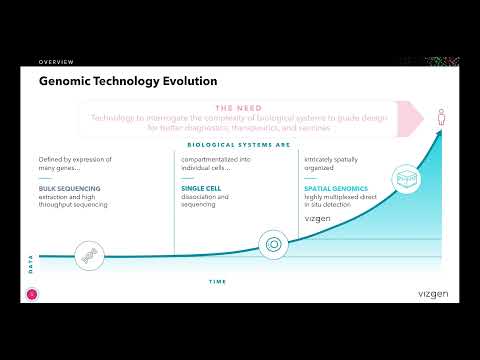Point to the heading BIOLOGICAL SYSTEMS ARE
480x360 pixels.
[237, 144]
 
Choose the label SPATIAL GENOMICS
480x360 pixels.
[337, 188]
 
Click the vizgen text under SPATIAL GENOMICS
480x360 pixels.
[319, 216]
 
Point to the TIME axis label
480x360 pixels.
[217, 282]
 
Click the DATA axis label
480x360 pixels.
[30, 264]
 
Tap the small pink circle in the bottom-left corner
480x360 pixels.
[31, 293]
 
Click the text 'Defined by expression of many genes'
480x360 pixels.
[74, 165]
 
